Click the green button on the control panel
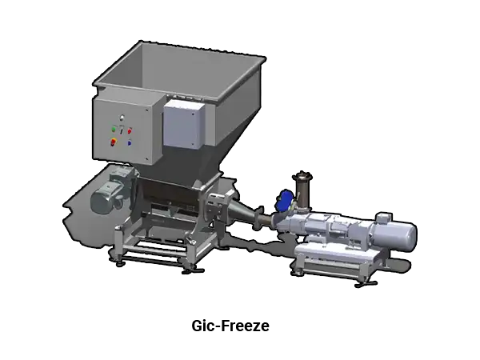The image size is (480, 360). point(114,129)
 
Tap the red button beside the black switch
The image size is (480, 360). point(130,131)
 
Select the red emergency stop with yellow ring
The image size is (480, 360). point(114,142)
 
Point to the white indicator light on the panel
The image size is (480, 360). point(122,117)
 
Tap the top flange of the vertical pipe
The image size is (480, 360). point(302,176)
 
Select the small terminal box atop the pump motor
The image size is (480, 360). point(383,218)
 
